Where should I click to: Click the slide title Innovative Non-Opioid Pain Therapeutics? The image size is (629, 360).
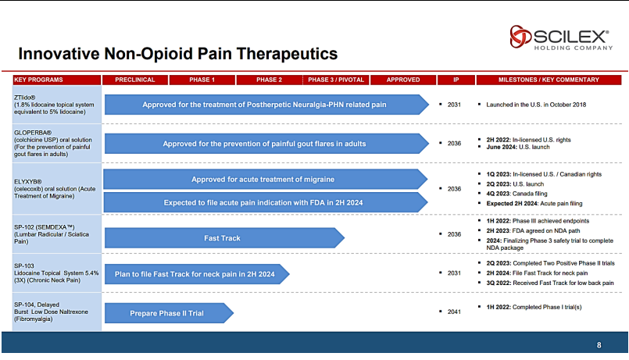(178, 54)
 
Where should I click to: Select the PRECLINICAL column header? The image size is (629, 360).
(134, 80)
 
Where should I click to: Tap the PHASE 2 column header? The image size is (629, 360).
(269, 80)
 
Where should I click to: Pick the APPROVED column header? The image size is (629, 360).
(403, 80)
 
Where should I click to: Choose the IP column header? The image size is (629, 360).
(456, 80)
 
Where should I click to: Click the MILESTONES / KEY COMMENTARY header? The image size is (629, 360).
(549, 80)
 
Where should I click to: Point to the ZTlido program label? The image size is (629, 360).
(54, 105)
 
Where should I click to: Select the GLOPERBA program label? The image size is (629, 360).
(53, 143)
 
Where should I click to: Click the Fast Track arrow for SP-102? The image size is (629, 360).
(224, 238)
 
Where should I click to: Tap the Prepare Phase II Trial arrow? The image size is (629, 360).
(169, 313)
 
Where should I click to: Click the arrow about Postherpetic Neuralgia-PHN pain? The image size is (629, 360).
(266, 105)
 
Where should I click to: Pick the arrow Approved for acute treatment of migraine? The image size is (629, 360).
(266, 179)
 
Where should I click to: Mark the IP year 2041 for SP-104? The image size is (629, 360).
(454, 312)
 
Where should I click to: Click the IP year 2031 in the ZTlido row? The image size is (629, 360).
(454, 105)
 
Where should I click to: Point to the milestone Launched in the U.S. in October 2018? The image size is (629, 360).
(536, 105)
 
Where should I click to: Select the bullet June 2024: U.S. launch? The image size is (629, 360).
(518, 147)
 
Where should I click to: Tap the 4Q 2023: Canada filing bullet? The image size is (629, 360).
(516, 194)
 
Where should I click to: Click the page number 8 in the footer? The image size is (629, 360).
(599, 345)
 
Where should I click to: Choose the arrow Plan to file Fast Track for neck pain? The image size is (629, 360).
(197, 274)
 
